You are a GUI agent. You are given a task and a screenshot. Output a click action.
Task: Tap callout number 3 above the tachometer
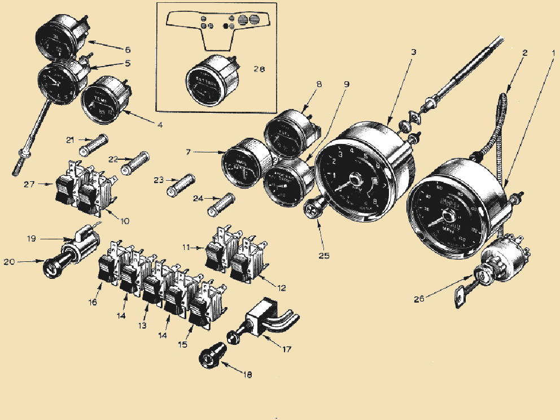tap(414, 52)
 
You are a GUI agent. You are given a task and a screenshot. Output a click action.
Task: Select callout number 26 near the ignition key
tap(418, 300)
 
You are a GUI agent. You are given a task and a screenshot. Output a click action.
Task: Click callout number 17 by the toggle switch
tap(287, 349)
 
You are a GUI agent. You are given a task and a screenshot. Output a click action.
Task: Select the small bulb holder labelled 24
tap(221, 205)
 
